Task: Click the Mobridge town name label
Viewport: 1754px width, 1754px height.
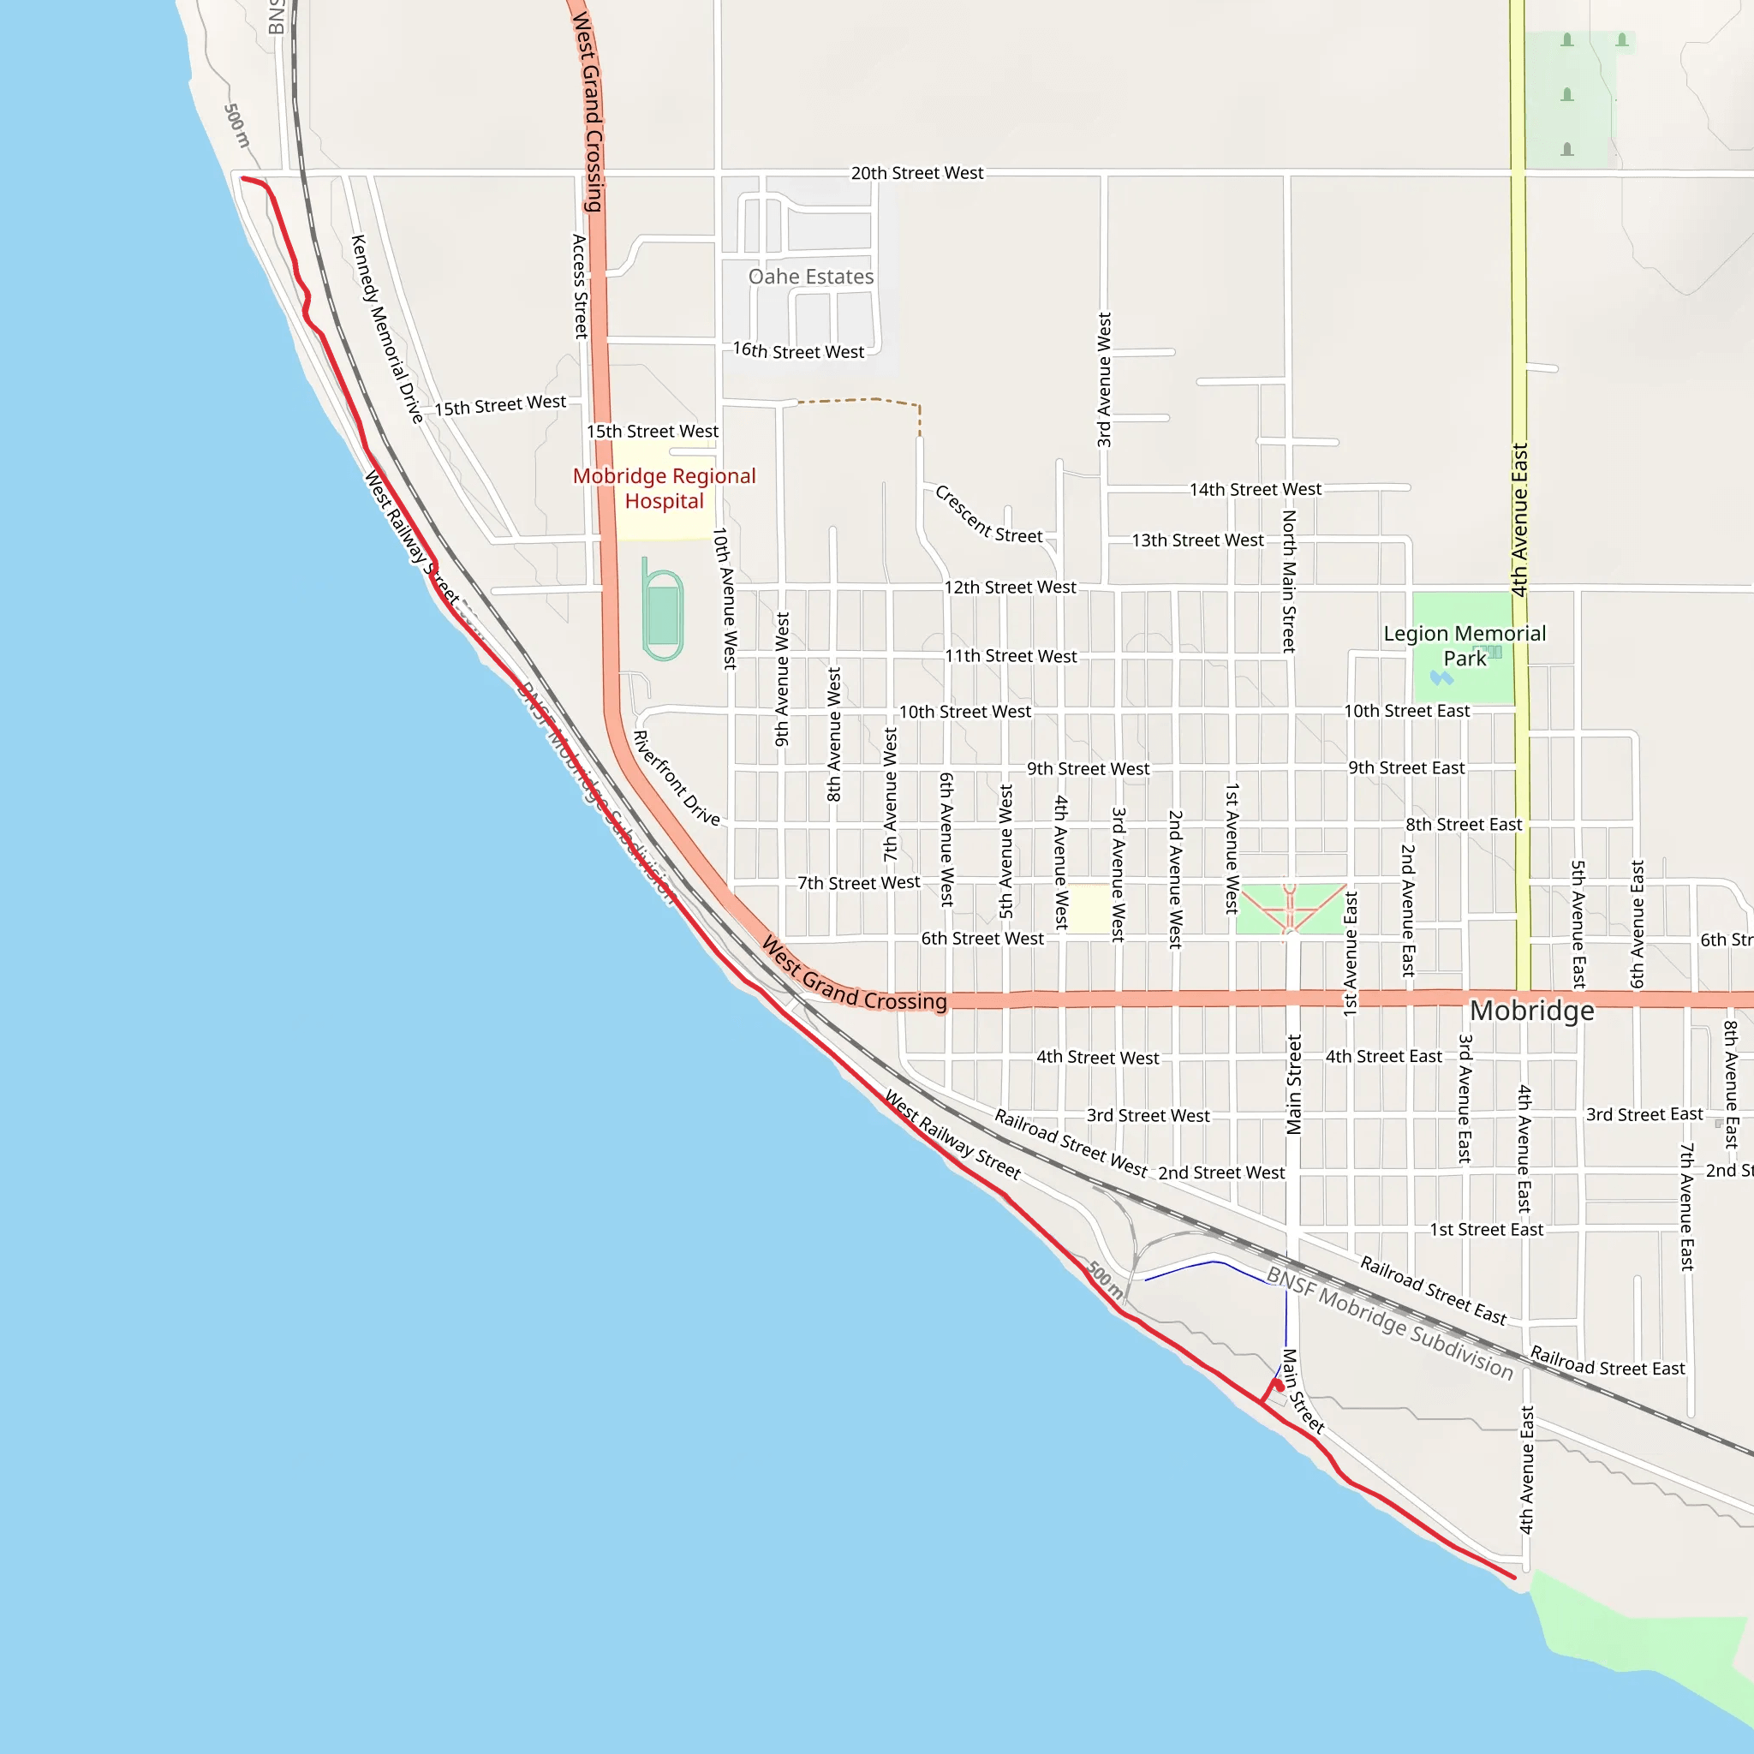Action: click(1531, 1011)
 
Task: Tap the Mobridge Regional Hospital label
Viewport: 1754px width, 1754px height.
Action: click(664, 488)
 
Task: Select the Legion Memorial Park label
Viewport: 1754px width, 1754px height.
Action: click(1464, 646)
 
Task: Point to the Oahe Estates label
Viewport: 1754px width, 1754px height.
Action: click(811, 277)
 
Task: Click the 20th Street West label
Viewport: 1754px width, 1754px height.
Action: click(916, 173)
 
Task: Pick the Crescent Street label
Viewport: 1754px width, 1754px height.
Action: click(988, 516)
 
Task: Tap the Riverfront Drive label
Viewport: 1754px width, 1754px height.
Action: click(677, 778)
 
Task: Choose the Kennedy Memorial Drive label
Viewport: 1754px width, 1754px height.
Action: click(387, 329)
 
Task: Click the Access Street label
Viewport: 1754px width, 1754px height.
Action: click(579, 286)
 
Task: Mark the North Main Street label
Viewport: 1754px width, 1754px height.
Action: click(1288, 581)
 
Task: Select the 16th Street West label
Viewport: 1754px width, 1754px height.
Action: click(798, 351)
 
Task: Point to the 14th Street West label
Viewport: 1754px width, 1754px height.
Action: click(1255, 490)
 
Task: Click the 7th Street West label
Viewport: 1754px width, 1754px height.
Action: click(858, 883)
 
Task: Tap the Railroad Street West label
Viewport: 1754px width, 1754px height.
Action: click(1071, 1142)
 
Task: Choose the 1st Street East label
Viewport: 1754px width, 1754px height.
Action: click(1486, 1230)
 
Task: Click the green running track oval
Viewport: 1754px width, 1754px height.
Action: click(664, 615)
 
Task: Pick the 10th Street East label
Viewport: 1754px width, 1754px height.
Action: click(1406, 712)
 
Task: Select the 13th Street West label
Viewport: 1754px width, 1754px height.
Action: click(1196, 541)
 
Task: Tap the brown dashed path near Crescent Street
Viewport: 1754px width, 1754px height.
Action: click(862, 399)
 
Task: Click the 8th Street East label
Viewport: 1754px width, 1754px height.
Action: click(1463, 826)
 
